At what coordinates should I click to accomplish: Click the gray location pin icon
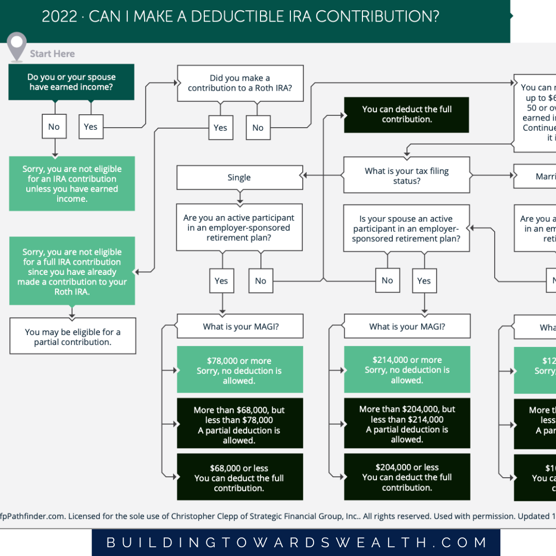tap(18, 45)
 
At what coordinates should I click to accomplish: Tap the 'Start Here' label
tap(52, 54)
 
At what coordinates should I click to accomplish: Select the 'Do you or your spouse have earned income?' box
tap(72, 82)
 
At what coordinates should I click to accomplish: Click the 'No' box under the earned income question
tap(54, 127)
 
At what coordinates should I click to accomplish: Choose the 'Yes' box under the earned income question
tap(91, 127)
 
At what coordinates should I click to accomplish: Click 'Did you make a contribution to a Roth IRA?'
tap(240, 83)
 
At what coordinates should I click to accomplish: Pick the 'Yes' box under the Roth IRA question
tap(220, 128)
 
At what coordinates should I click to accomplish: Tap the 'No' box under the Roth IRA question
tap(258, 128)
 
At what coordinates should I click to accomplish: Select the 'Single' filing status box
tap(239, 178)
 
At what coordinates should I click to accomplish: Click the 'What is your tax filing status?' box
tap(407, 176)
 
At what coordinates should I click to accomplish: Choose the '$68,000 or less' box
tap(239, 478)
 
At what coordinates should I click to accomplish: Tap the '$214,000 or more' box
tap(407, 370)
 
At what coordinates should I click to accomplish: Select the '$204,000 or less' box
tap(407, 477)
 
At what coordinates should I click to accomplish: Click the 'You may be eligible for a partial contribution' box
tap(73, 337)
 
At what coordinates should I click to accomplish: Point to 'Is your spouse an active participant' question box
tap(407, 229)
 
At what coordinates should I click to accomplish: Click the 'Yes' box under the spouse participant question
tap(424, 281)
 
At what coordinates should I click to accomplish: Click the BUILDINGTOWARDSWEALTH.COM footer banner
tap(296, 543)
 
